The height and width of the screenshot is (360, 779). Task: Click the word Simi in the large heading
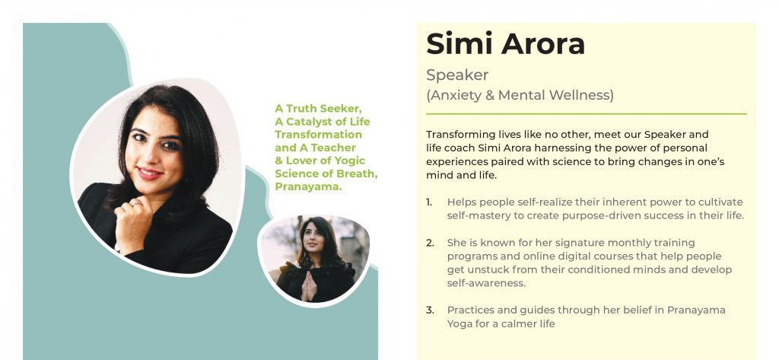[459, 43]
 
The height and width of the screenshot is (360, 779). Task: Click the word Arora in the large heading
[543, 43]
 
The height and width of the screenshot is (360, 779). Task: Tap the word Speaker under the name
[457, 75]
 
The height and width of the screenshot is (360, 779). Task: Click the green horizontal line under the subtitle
[587, 114]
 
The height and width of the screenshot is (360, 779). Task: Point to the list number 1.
[429, 202]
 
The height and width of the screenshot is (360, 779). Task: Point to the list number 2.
[430, 243]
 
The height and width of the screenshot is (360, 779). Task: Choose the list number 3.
[430, 311]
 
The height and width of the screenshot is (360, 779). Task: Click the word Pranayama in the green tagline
[308, 187]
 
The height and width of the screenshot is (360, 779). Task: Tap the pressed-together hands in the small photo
[309, 285]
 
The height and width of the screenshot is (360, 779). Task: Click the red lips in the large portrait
[149, 174]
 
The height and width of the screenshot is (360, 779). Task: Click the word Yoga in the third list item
[459, 324]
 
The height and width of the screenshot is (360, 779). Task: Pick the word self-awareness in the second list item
[486, 283]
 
